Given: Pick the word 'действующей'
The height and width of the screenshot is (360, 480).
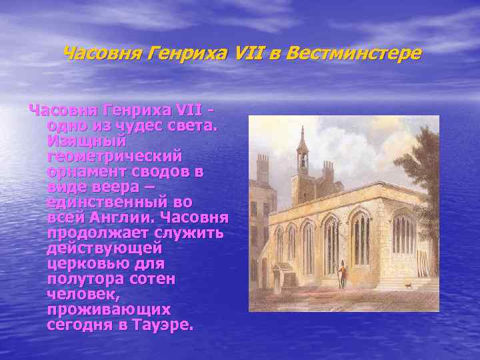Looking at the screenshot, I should tap(105, 249).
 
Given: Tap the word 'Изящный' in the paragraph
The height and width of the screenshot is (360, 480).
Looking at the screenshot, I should tap(87, 141).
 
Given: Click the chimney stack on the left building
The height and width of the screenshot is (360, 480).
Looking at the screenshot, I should tap(262, 167).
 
